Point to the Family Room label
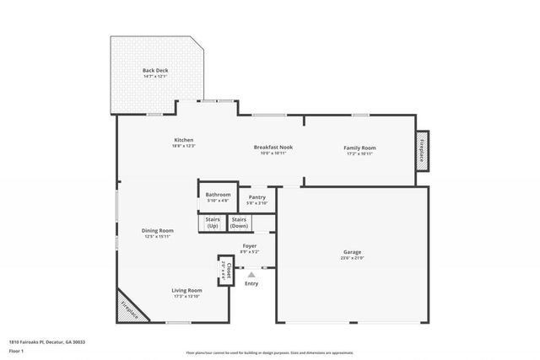[359, 148]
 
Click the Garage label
[352, 252]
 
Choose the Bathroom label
[218, 195]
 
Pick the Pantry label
[257, 197]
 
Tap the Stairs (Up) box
[212, 223]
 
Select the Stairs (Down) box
[240, 223]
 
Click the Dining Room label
[157, 230]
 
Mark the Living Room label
[188, 290]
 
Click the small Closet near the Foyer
[225, 271]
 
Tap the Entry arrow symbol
[251, 272]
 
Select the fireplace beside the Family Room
[422, 148]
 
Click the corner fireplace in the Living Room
[132, 308]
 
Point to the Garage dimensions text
[352, 258]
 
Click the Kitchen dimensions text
[184, 146]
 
